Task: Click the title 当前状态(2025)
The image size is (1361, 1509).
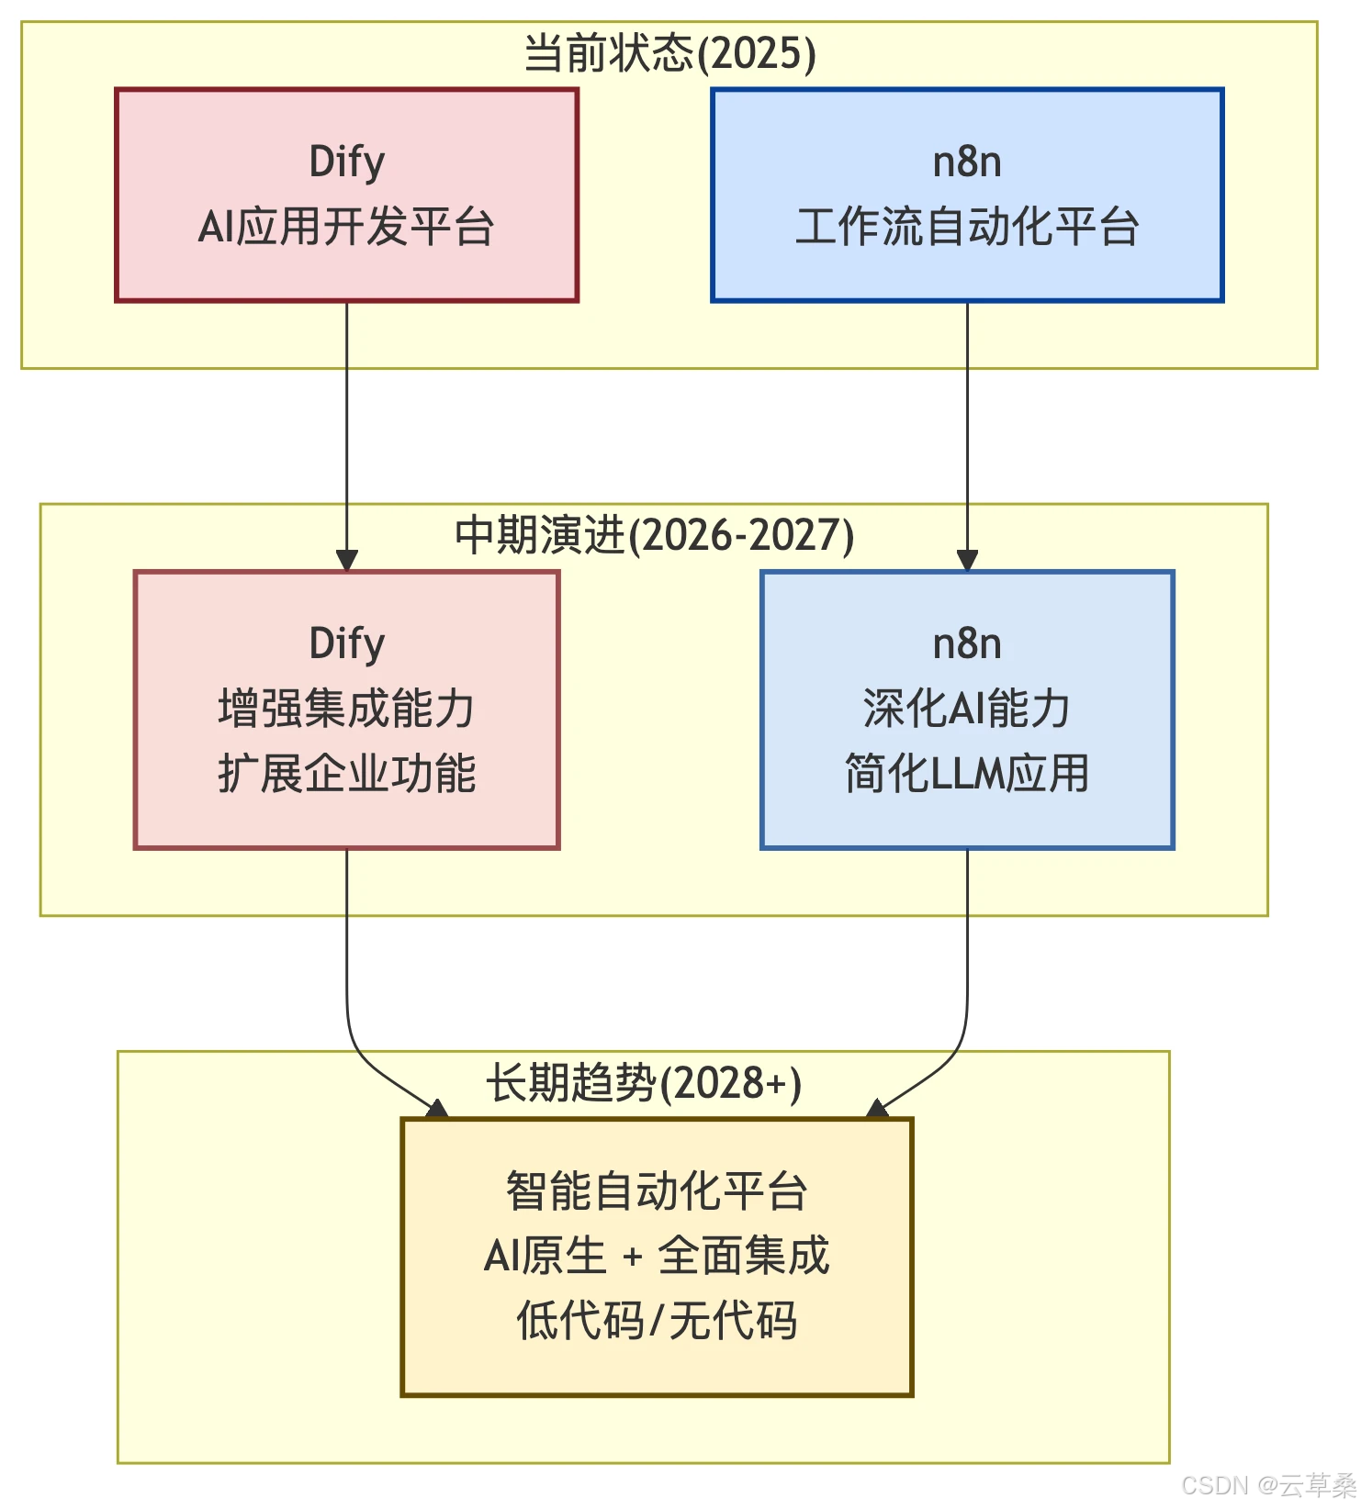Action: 669,53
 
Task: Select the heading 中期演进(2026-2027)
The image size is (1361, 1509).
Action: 654,535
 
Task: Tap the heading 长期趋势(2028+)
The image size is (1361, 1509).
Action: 643,1083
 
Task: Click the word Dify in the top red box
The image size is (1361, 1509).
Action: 346,162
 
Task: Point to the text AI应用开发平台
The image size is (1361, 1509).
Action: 346,227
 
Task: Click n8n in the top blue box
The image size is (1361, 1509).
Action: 967,162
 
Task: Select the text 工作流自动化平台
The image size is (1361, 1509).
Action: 967,227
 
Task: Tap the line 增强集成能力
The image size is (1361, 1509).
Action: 346,709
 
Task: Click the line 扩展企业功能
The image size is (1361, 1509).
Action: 346,774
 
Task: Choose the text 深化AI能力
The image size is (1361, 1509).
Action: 967,709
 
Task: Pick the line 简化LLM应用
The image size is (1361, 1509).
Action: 967,774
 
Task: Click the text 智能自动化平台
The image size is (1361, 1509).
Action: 657,1191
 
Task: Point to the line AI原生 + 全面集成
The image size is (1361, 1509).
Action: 657,1256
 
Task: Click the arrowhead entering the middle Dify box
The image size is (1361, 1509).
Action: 346,560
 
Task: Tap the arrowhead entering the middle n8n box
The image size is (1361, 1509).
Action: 967,560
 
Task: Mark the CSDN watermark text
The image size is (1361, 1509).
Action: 1267,1485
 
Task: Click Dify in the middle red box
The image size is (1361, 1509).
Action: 346,643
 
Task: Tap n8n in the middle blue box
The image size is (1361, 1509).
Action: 967,643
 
